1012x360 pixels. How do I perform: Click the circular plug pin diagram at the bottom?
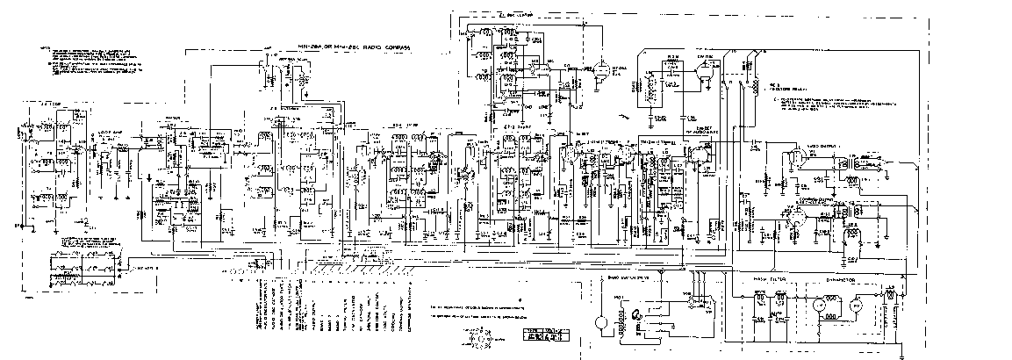[x=477, y=337]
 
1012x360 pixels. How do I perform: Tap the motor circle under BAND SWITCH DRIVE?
[x=600, y=321]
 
